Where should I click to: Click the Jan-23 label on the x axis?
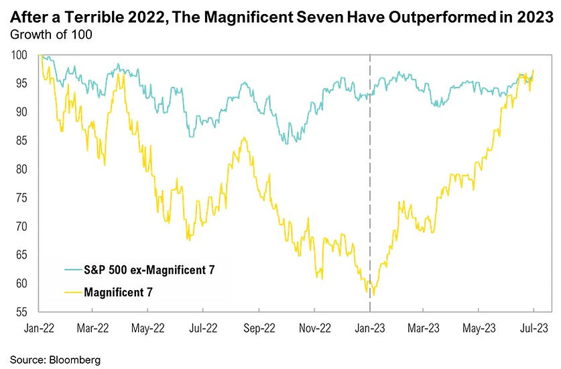point(370,329)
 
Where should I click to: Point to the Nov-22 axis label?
point(314,329)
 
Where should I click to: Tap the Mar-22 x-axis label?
point(93,329)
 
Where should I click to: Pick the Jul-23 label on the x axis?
point(534,329)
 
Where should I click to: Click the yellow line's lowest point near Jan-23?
point(373,295)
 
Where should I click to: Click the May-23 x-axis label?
point(479,329)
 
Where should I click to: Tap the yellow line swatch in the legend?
point(64,291)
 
